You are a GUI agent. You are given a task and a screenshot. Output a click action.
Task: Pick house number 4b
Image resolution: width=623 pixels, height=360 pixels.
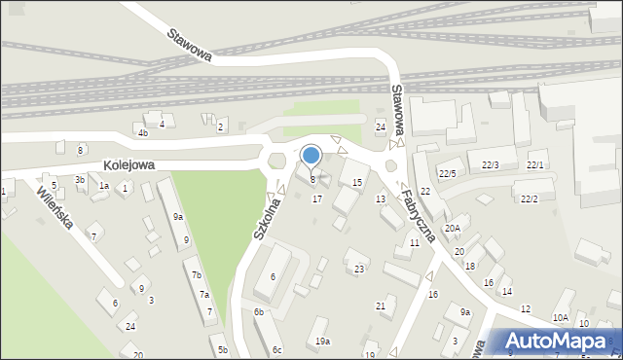143,132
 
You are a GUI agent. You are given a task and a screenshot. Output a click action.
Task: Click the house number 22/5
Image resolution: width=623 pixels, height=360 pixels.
447,173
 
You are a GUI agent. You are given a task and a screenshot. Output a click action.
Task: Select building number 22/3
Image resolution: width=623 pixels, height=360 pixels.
490,164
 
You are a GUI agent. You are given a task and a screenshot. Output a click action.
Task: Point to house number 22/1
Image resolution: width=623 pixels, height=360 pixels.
535,165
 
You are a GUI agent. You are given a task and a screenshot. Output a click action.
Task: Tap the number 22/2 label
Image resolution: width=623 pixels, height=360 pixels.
529,198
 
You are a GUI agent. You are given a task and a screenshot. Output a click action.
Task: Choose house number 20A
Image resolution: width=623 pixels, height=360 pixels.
453,228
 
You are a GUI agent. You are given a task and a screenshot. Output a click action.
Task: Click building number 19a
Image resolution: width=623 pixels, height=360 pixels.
322,342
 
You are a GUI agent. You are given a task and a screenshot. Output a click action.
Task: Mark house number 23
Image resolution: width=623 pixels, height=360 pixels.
359,269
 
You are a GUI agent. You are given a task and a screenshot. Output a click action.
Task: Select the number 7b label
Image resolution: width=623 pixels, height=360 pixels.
196,275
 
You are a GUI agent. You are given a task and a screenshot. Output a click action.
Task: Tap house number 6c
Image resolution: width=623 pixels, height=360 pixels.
277,350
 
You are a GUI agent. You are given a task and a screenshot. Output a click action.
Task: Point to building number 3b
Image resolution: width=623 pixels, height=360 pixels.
80,179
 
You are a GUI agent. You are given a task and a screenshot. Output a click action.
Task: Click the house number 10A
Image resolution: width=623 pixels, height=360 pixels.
560,318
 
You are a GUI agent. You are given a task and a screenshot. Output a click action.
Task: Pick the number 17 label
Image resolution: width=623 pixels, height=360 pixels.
316,198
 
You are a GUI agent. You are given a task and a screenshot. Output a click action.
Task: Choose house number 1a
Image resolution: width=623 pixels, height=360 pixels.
103,186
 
